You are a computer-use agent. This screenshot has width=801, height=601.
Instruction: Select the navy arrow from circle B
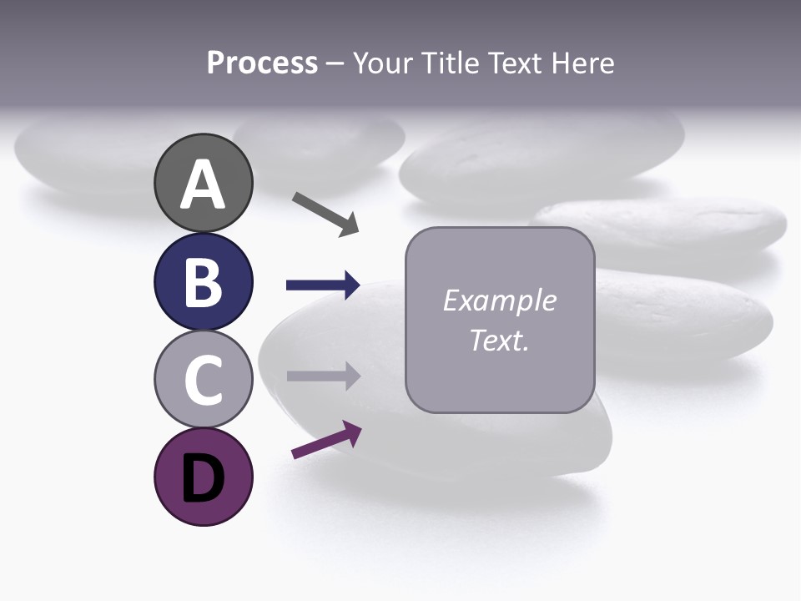click(x=322, y=285)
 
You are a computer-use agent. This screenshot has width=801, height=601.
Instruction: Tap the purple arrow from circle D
click(x=326, y=441)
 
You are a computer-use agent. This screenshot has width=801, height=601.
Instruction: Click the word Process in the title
click(x=262, y=63)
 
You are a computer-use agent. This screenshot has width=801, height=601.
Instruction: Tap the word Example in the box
click(x=499, y=300)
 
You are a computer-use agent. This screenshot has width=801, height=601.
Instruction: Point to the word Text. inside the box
click(x=499, y=341)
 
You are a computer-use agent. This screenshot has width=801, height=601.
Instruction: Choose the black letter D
click(x=203, y=478)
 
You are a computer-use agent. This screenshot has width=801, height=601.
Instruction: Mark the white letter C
click(x=203, y=381)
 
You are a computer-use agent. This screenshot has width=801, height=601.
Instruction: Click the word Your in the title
click(x=382, y=63)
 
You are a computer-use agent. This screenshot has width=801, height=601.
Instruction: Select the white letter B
click(x=203, y=282)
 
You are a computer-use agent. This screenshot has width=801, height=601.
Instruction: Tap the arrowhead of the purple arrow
click(x=352, y=433)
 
